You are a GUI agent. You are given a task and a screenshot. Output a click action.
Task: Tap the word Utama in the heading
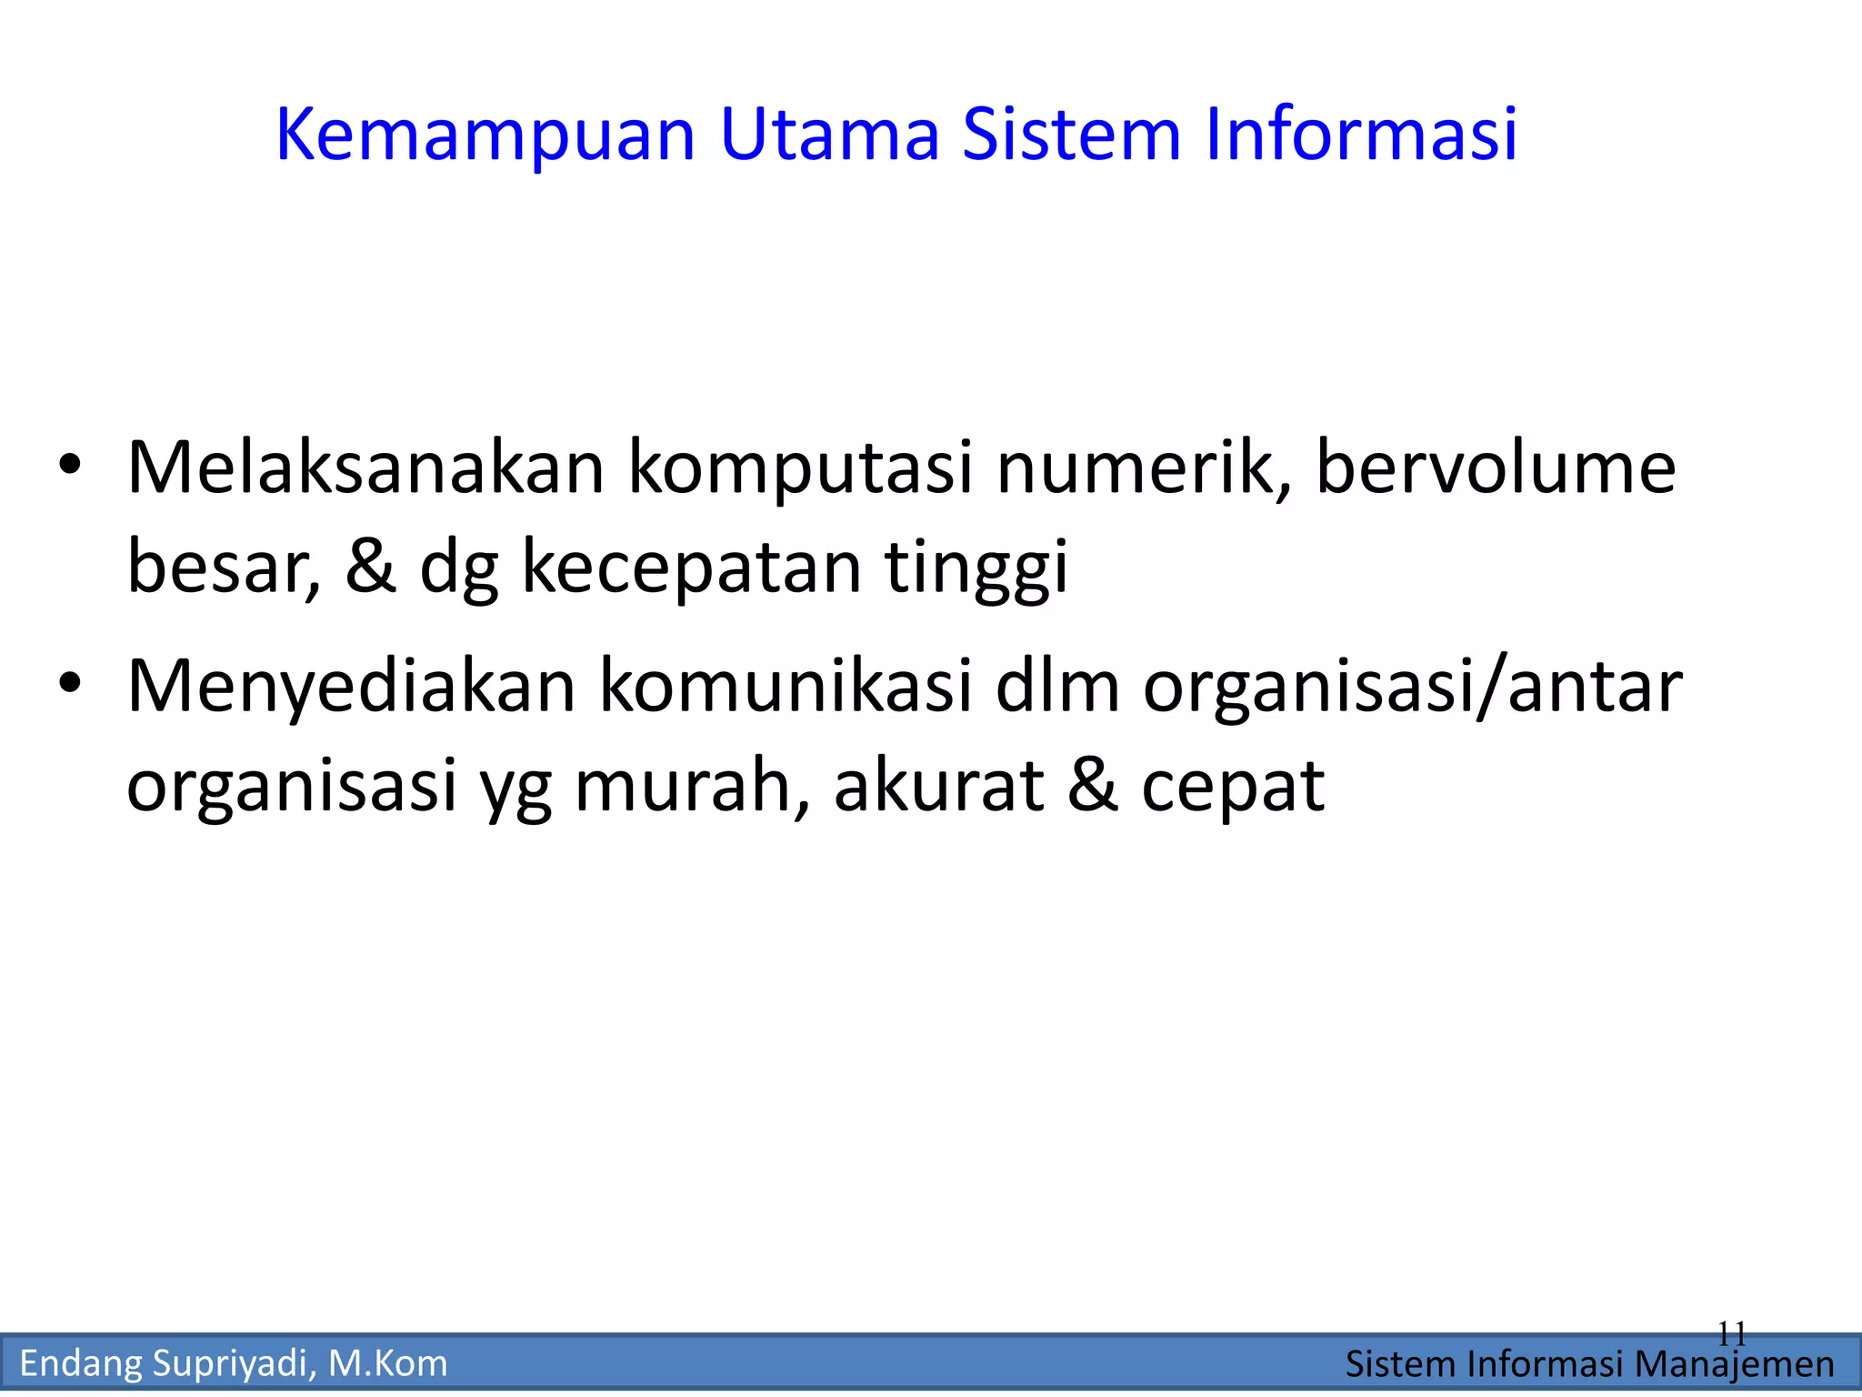click(x=829, y=135)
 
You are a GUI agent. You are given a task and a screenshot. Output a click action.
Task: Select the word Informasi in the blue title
click(x=1361, y=135)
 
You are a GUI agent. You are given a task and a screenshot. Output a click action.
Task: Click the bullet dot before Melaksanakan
click(x=70, y=466)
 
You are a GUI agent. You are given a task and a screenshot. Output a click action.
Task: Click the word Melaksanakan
click(x=365, y=468)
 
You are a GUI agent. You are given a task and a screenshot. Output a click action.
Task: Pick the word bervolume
click(x=1496, y=468)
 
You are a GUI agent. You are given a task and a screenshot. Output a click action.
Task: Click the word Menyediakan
click(x=351, y=687)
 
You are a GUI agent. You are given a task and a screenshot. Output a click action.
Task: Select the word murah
click(x=692, y=786)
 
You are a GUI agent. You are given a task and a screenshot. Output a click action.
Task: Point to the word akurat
click(x=938, y=786)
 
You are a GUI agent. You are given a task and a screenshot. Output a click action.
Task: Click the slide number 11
click(x=1731, y=1334)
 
